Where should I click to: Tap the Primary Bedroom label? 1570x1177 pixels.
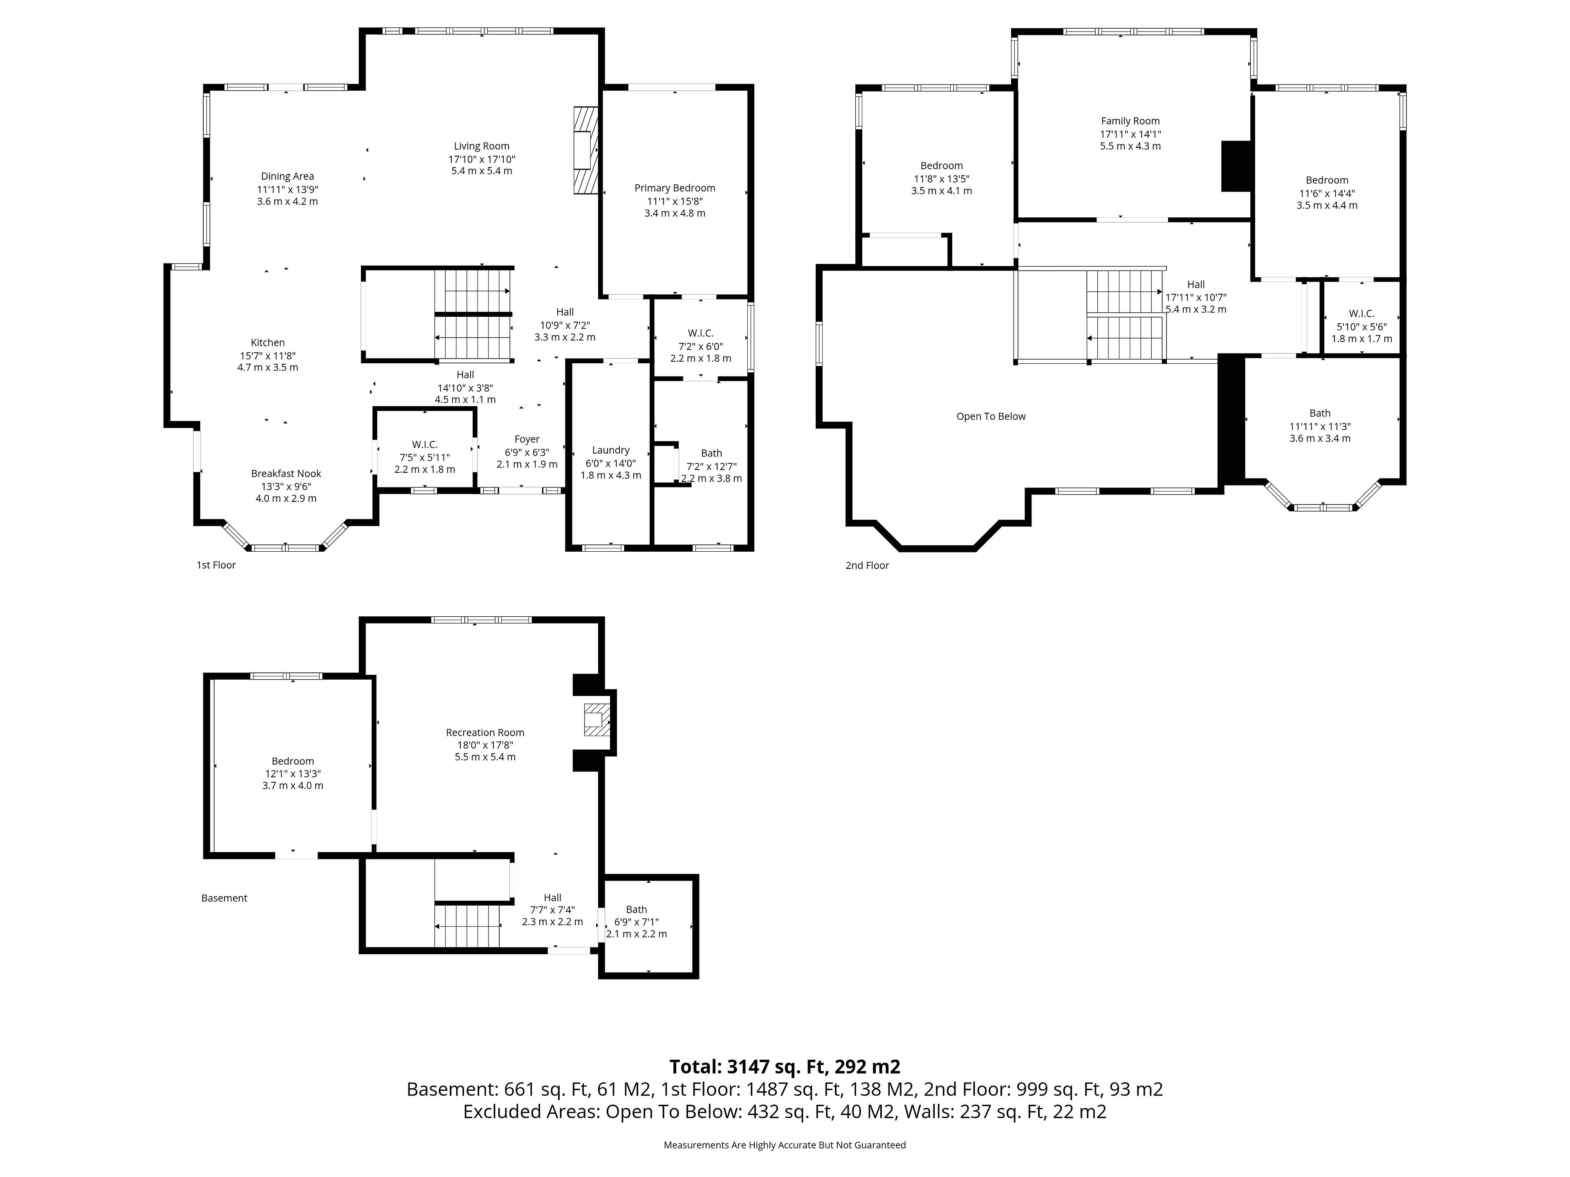674,188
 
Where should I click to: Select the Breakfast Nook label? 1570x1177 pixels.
286,473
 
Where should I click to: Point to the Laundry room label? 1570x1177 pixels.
610,450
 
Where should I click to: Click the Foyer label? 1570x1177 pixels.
527,439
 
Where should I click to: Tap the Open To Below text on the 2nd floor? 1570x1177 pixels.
991,416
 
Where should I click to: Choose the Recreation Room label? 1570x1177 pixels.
485,732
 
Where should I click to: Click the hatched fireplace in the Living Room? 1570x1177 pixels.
585,150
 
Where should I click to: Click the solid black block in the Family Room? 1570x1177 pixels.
1236,166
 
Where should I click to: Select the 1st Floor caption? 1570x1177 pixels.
216,565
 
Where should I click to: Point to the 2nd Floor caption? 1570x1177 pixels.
867,566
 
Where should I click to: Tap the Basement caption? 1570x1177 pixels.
224,898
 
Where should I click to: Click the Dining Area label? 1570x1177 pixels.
287,177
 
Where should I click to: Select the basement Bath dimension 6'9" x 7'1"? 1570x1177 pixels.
637,922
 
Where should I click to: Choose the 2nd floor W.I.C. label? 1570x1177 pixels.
1361,313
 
